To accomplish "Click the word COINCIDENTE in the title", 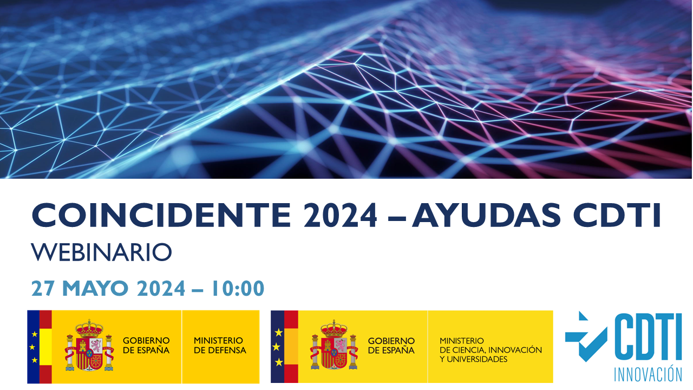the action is coord(161,215).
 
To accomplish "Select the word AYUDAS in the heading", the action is coord(486,215).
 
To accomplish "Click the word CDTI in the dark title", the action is coord(617,215).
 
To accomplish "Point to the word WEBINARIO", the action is coord(101,252).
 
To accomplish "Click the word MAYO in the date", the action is coord(95,288).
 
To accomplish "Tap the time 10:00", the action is coord(238,288).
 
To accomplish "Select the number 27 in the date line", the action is coord(43,288).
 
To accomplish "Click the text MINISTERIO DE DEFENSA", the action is coord(220,346).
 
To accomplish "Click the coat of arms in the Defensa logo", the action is coord(89,346).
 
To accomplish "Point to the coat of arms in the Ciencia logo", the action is coord(334,345).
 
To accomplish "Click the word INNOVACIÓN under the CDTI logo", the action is coord(648,374).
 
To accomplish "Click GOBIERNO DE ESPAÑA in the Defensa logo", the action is coord(146,346).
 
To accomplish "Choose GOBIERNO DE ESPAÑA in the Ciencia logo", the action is coord(391,346).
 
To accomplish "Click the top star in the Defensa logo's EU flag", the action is coord(35,334).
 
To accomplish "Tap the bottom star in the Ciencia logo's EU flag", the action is coord(279,362).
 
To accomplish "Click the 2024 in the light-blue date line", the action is coord(161,288).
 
